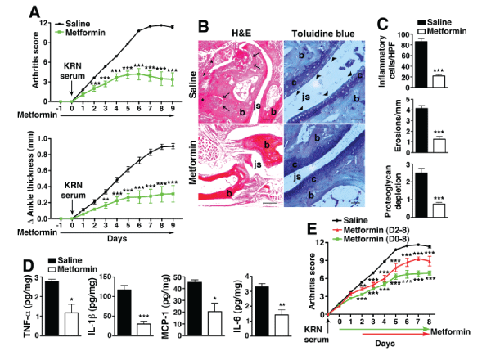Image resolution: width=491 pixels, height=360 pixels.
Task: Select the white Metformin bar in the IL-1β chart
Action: click(x=143, y=329)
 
